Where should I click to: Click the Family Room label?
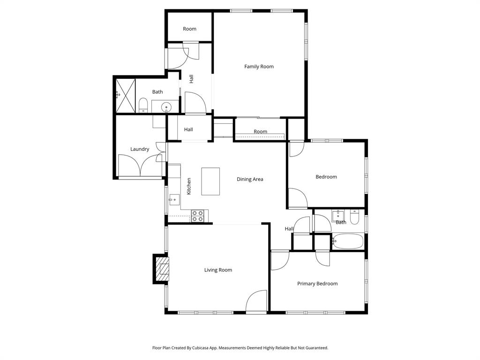[x=259, y=67]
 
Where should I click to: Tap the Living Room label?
[x=218, y=270]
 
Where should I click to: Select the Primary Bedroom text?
[x=317, y=284]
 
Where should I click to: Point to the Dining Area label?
[x=250, y=179]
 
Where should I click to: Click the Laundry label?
[x=140, y=149]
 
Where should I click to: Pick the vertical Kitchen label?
[x=189, y=186]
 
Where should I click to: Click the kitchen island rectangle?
[x=210, y=181]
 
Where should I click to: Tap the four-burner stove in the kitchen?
[x=197, y=216]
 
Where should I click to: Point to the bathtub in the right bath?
[x=347, y=242]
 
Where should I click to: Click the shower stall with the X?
[x=126, y=96]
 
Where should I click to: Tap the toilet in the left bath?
[x=143, y=105]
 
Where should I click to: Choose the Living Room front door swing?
[x=256, y=302]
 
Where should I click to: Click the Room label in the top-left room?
[x=189, y=29]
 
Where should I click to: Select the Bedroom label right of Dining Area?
[x=326, y=177]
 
